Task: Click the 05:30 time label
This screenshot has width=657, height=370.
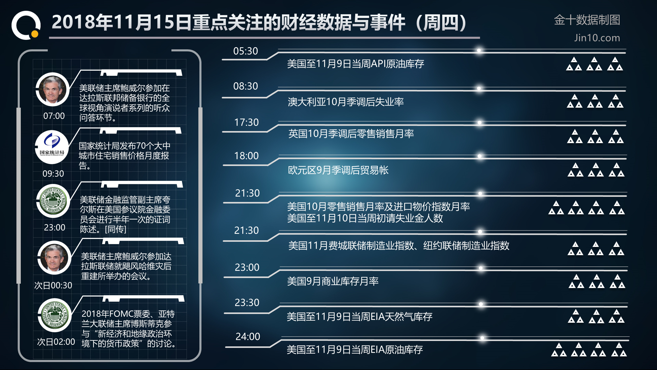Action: [245, 51]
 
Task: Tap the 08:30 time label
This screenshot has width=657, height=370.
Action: [245, 86]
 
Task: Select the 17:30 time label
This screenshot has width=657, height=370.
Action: [246, 122]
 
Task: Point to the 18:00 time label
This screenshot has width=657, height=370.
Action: [246, 156]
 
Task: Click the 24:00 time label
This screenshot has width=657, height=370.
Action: [248, 336]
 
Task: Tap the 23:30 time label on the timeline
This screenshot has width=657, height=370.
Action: [247, 302]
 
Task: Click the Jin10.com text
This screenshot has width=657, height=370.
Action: [597, 38]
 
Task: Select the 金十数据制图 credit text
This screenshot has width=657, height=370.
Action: [587, 20]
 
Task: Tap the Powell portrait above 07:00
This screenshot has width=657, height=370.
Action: [53, 89]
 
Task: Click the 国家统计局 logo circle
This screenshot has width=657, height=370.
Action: [52, 147]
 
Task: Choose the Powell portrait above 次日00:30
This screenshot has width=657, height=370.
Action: [54, 257]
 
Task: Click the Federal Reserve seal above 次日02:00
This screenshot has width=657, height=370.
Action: [55, 315]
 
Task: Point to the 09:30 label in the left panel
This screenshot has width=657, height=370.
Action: [53, 174]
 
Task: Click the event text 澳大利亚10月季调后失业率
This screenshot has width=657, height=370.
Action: [346, 102]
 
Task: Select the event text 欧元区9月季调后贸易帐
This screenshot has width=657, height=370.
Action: [338, 170]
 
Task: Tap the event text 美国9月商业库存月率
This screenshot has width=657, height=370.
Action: [333, 281]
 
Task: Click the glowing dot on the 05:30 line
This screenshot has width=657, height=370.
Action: [479, 50]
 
